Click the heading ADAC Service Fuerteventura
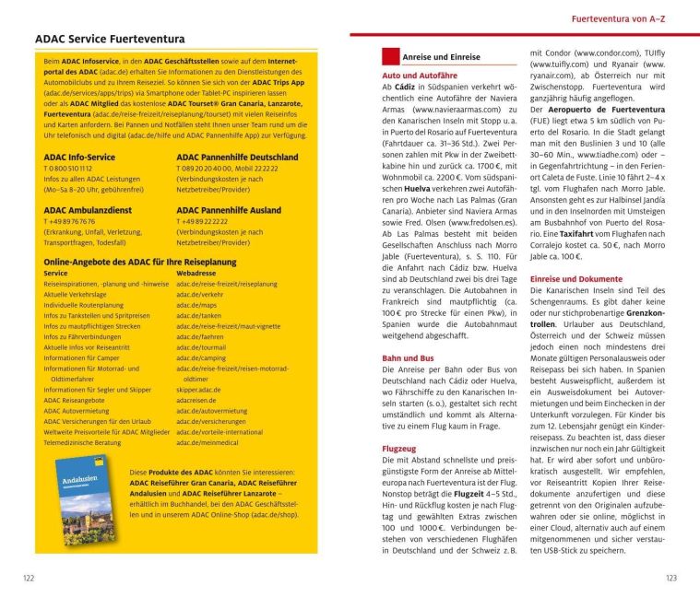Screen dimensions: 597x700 click(x=110, y=40)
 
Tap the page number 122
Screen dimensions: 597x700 click(x=30, y=578)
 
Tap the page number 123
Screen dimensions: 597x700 click(x=670, y=578)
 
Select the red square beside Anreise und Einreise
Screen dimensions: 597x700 click(x=390, y=56)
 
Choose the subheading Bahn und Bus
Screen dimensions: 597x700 click(x=408, y=357)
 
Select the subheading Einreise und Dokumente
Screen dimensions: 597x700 click(x=575, y=278)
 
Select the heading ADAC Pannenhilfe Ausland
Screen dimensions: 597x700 click(x=229, y=209)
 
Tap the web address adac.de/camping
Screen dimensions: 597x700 click(x=201, y=357)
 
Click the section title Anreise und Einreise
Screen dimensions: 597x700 click(x=441, y=57)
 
